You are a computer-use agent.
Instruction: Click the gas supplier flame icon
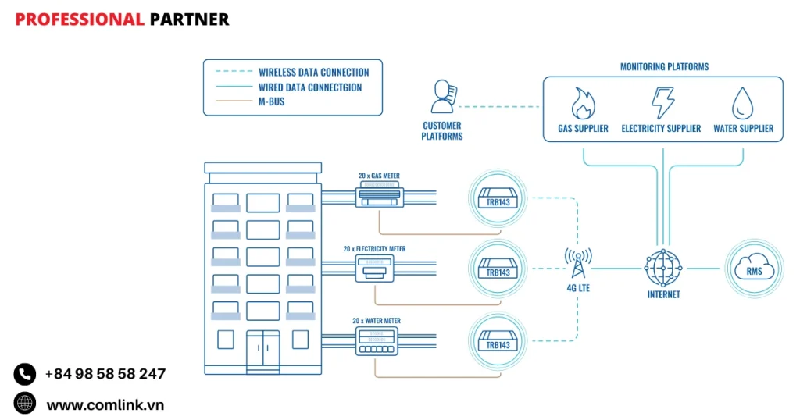tap(583, 102)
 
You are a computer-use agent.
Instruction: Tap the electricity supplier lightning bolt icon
tap(662, 102)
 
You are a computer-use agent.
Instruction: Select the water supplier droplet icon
tap(742, 102)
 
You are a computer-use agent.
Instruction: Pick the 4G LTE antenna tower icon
tap(578, 263)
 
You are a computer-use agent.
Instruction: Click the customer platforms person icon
tap(442, 98)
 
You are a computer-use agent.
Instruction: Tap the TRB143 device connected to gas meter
tap(498, 198)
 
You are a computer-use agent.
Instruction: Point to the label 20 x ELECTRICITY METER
tap(374, 249)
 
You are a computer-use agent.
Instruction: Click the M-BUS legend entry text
tap(272, 101)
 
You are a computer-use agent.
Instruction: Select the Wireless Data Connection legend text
tap(314, 73)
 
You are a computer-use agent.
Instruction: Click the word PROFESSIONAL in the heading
tap(80, 20)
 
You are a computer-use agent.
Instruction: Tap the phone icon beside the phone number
tap(25, 375)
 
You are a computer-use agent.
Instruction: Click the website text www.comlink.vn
tap(105, 404)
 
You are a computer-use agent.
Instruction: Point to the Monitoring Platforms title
tap(664, 67)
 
